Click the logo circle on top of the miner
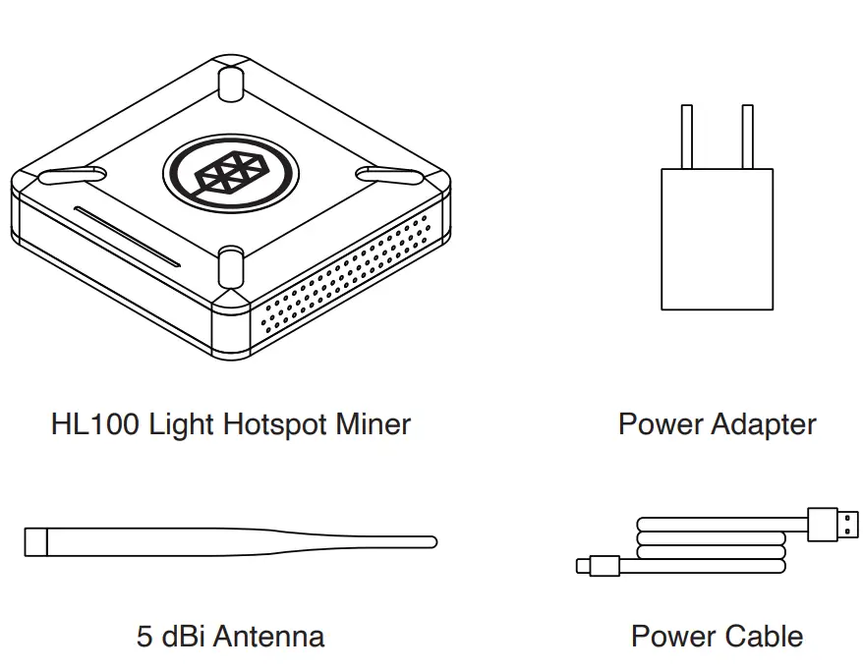(231, 172)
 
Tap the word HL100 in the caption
(95, 424)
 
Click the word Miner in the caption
(373, 424)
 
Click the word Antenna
(268, 637)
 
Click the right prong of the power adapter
(747, 137)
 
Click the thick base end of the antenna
(36, 541)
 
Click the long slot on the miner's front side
(127, 236)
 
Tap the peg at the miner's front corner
(230, 265)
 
